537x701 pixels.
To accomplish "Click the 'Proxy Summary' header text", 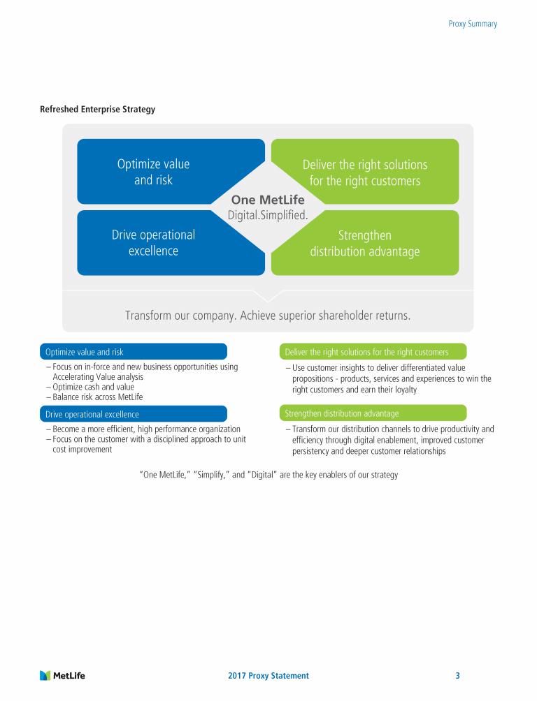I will [473, 24].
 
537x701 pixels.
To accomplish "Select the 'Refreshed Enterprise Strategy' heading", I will [97, 110].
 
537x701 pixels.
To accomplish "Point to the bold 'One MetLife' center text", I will [268, 200].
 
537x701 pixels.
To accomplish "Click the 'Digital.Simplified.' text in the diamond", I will [268, 215].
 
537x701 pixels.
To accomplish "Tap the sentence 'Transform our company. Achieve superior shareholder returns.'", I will [268, 316].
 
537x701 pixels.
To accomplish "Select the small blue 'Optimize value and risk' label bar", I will [134, 352].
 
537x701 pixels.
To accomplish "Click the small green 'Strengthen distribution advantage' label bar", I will [373, 413].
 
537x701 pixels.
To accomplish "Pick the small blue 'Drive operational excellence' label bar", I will [134, 414].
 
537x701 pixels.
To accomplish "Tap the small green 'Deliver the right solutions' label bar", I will [373, 352].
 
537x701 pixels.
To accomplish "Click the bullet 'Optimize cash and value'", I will [90, 387].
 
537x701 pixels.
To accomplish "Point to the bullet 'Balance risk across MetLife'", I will [94, 397].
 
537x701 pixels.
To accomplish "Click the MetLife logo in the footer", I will [63, 675].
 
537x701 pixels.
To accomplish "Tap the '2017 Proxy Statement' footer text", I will [268, 676].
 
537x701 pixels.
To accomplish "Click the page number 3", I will [457, 676].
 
